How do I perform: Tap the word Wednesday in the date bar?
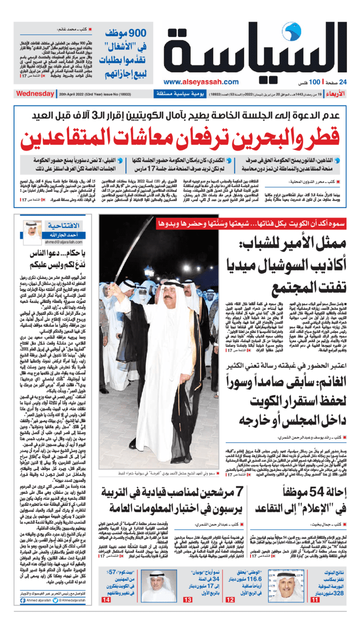click(35, 94)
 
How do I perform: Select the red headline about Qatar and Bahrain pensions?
click(180, 138)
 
